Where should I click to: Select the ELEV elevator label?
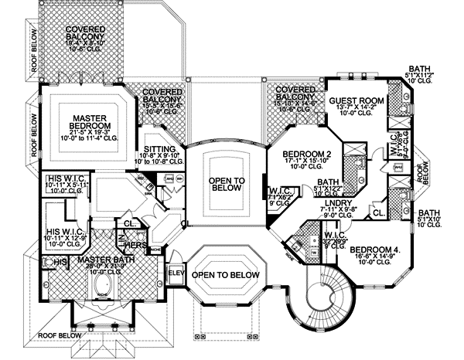click(x=175, y=273)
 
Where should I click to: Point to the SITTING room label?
click(x=162, y=148)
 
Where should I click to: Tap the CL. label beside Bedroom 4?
click(x=379, y=212)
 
